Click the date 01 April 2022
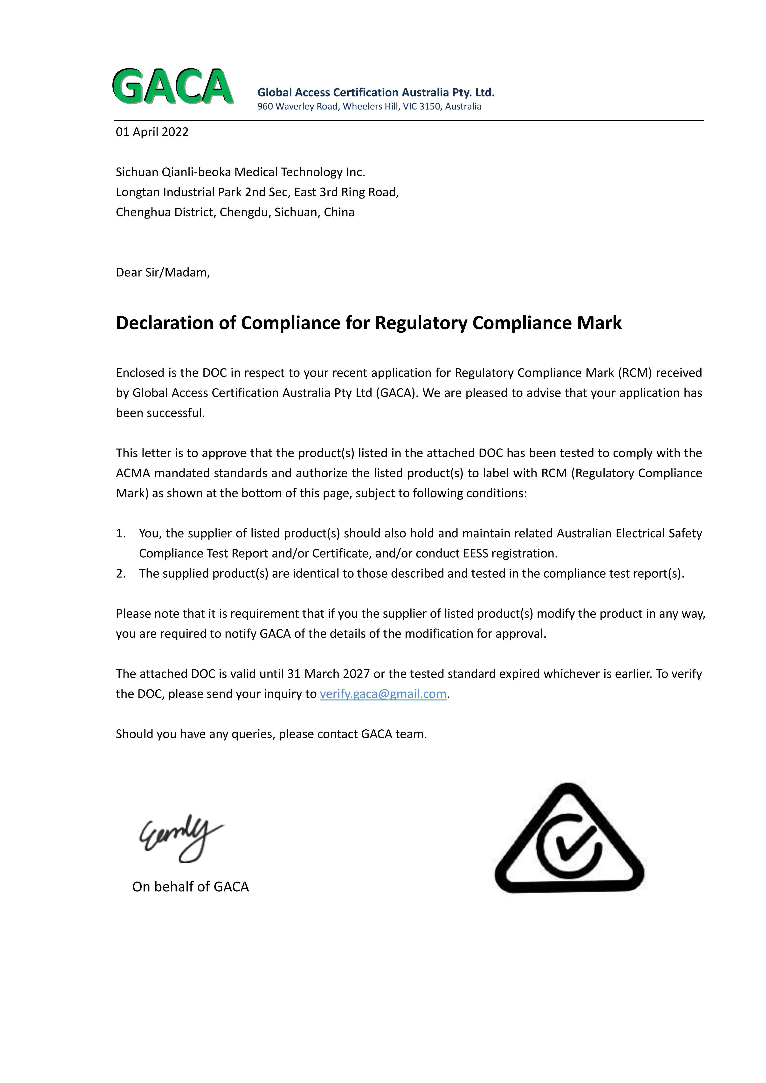pyautogui.click(x=152, y=132)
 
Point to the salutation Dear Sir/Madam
pyautogui.click(x=163, y=273)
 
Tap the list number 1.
pyautogui.click(x=121, y=534)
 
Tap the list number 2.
pyautogui.click(x=121, y=574)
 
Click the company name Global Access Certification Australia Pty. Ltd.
pyautogui.click(x=376, y=92)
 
